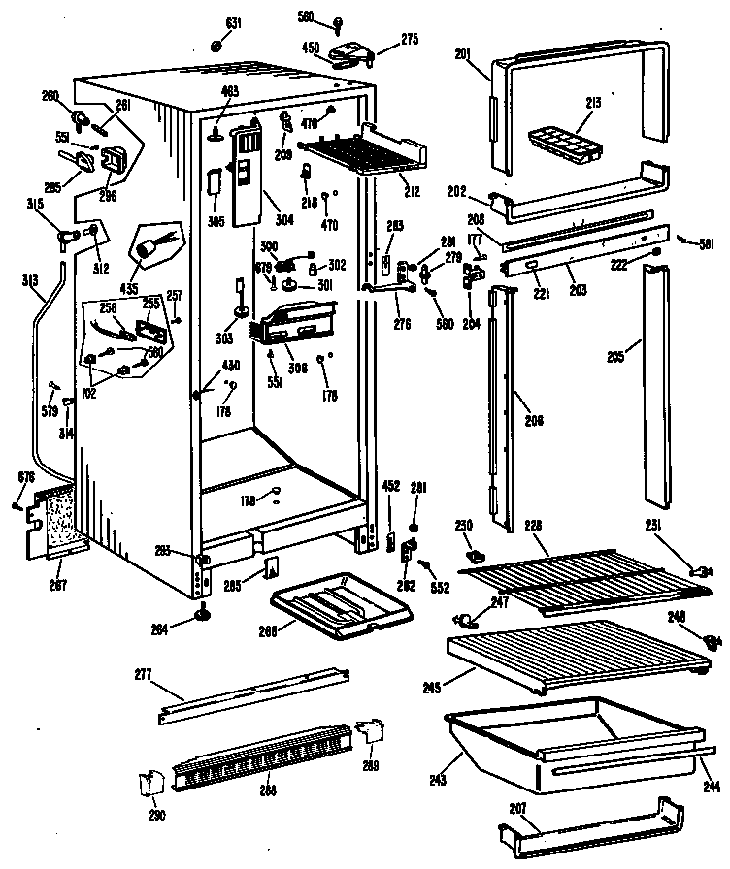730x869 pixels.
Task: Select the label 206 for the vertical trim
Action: click(533, 420)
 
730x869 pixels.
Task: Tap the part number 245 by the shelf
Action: click(432, 688)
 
